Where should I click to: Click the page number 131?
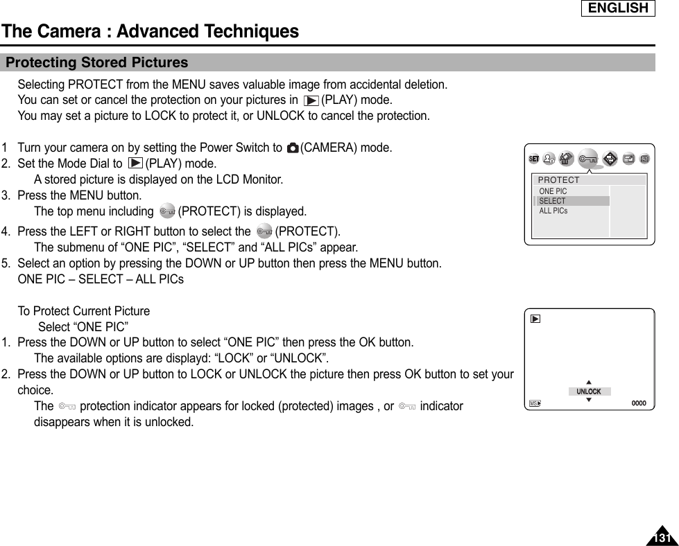click(x=662, y=538)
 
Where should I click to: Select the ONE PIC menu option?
click(x=553, y=191)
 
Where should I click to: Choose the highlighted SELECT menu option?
click(x=553, y=201)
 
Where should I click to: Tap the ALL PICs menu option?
click(x=553, y=211)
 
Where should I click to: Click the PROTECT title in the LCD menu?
click(x=559, y=180)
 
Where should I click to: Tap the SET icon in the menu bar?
click(x=534, y=159)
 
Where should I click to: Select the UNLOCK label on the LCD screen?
click(x=589, y=391)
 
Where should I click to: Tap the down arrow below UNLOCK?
click(x=589, y=400)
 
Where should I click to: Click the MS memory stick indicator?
click(x=535, y=403)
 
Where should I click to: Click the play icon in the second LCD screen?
click(x=535, y=319)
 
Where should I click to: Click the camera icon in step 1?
click(x=292, y=148)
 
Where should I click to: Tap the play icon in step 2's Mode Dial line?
click(x=135, y=164)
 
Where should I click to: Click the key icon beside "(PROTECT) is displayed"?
click(x=166, y=211)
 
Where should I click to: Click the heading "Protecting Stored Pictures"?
click(x=96, y=62)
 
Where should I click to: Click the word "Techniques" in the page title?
click(x=247, y=31)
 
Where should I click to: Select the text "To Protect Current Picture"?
click(x=83, y=311)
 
